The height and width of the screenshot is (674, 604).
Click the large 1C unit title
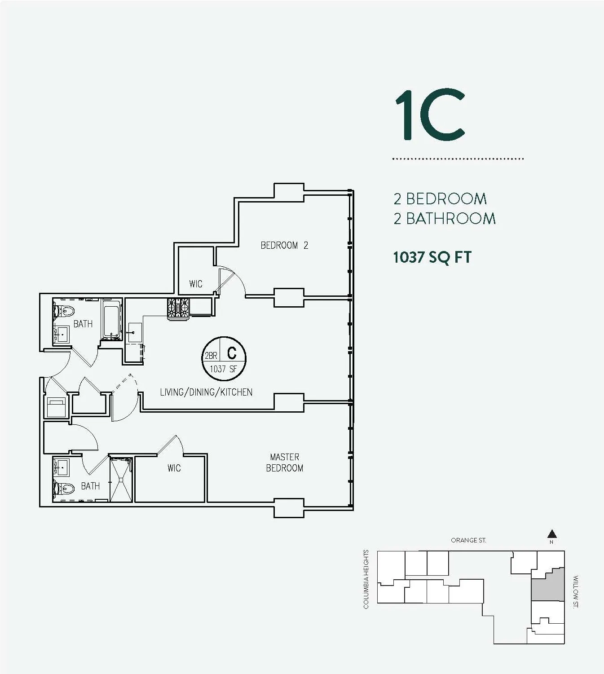(429, 115)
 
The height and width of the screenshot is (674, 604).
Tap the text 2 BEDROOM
(440, 198)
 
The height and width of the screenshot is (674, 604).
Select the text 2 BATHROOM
(444, 219)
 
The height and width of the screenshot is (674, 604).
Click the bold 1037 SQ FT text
(432, 257)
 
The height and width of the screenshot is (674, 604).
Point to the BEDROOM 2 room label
(284, 245)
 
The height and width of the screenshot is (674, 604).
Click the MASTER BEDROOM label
(285, 463)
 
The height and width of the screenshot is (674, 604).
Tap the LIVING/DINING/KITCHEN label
(206, 392)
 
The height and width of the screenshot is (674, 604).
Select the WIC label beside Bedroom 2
(195, 284)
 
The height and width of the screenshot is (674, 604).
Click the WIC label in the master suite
(174, 468)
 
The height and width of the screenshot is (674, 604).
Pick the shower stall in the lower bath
(121, 480)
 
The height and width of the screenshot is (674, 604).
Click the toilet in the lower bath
(64, 488)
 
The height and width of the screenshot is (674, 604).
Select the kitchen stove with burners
(178, 309)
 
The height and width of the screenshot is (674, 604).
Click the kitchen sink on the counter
(134, 333)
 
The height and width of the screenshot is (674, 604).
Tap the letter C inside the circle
(232, 353)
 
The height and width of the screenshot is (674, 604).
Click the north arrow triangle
(552, 534)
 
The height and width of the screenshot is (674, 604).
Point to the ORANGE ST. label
(468, 540)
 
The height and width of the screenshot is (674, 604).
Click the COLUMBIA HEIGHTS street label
(366, 579)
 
